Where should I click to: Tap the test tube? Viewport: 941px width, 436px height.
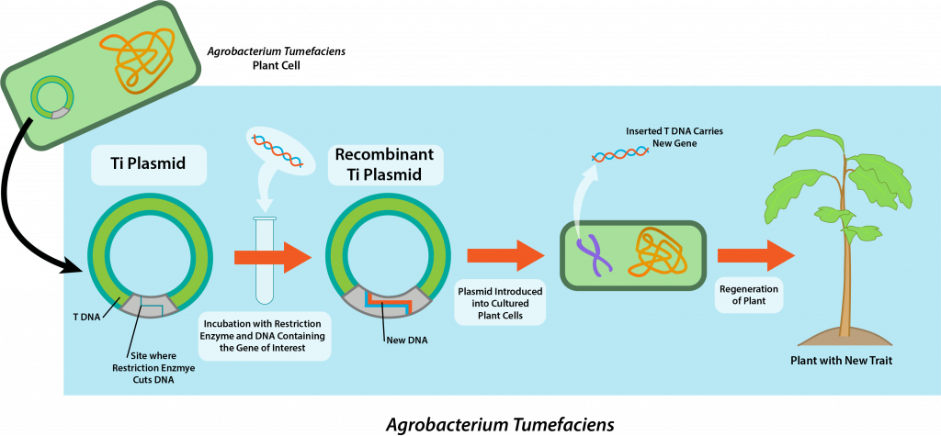[x=265, y=261]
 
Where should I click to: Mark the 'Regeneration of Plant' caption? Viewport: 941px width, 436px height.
[x=748, y=296]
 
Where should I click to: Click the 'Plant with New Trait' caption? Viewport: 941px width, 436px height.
[x=841, y=361]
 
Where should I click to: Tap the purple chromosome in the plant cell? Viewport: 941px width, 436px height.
[x=595, y=253]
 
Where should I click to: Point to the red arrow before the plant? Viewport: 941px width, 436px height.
[x=755, y=254]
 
